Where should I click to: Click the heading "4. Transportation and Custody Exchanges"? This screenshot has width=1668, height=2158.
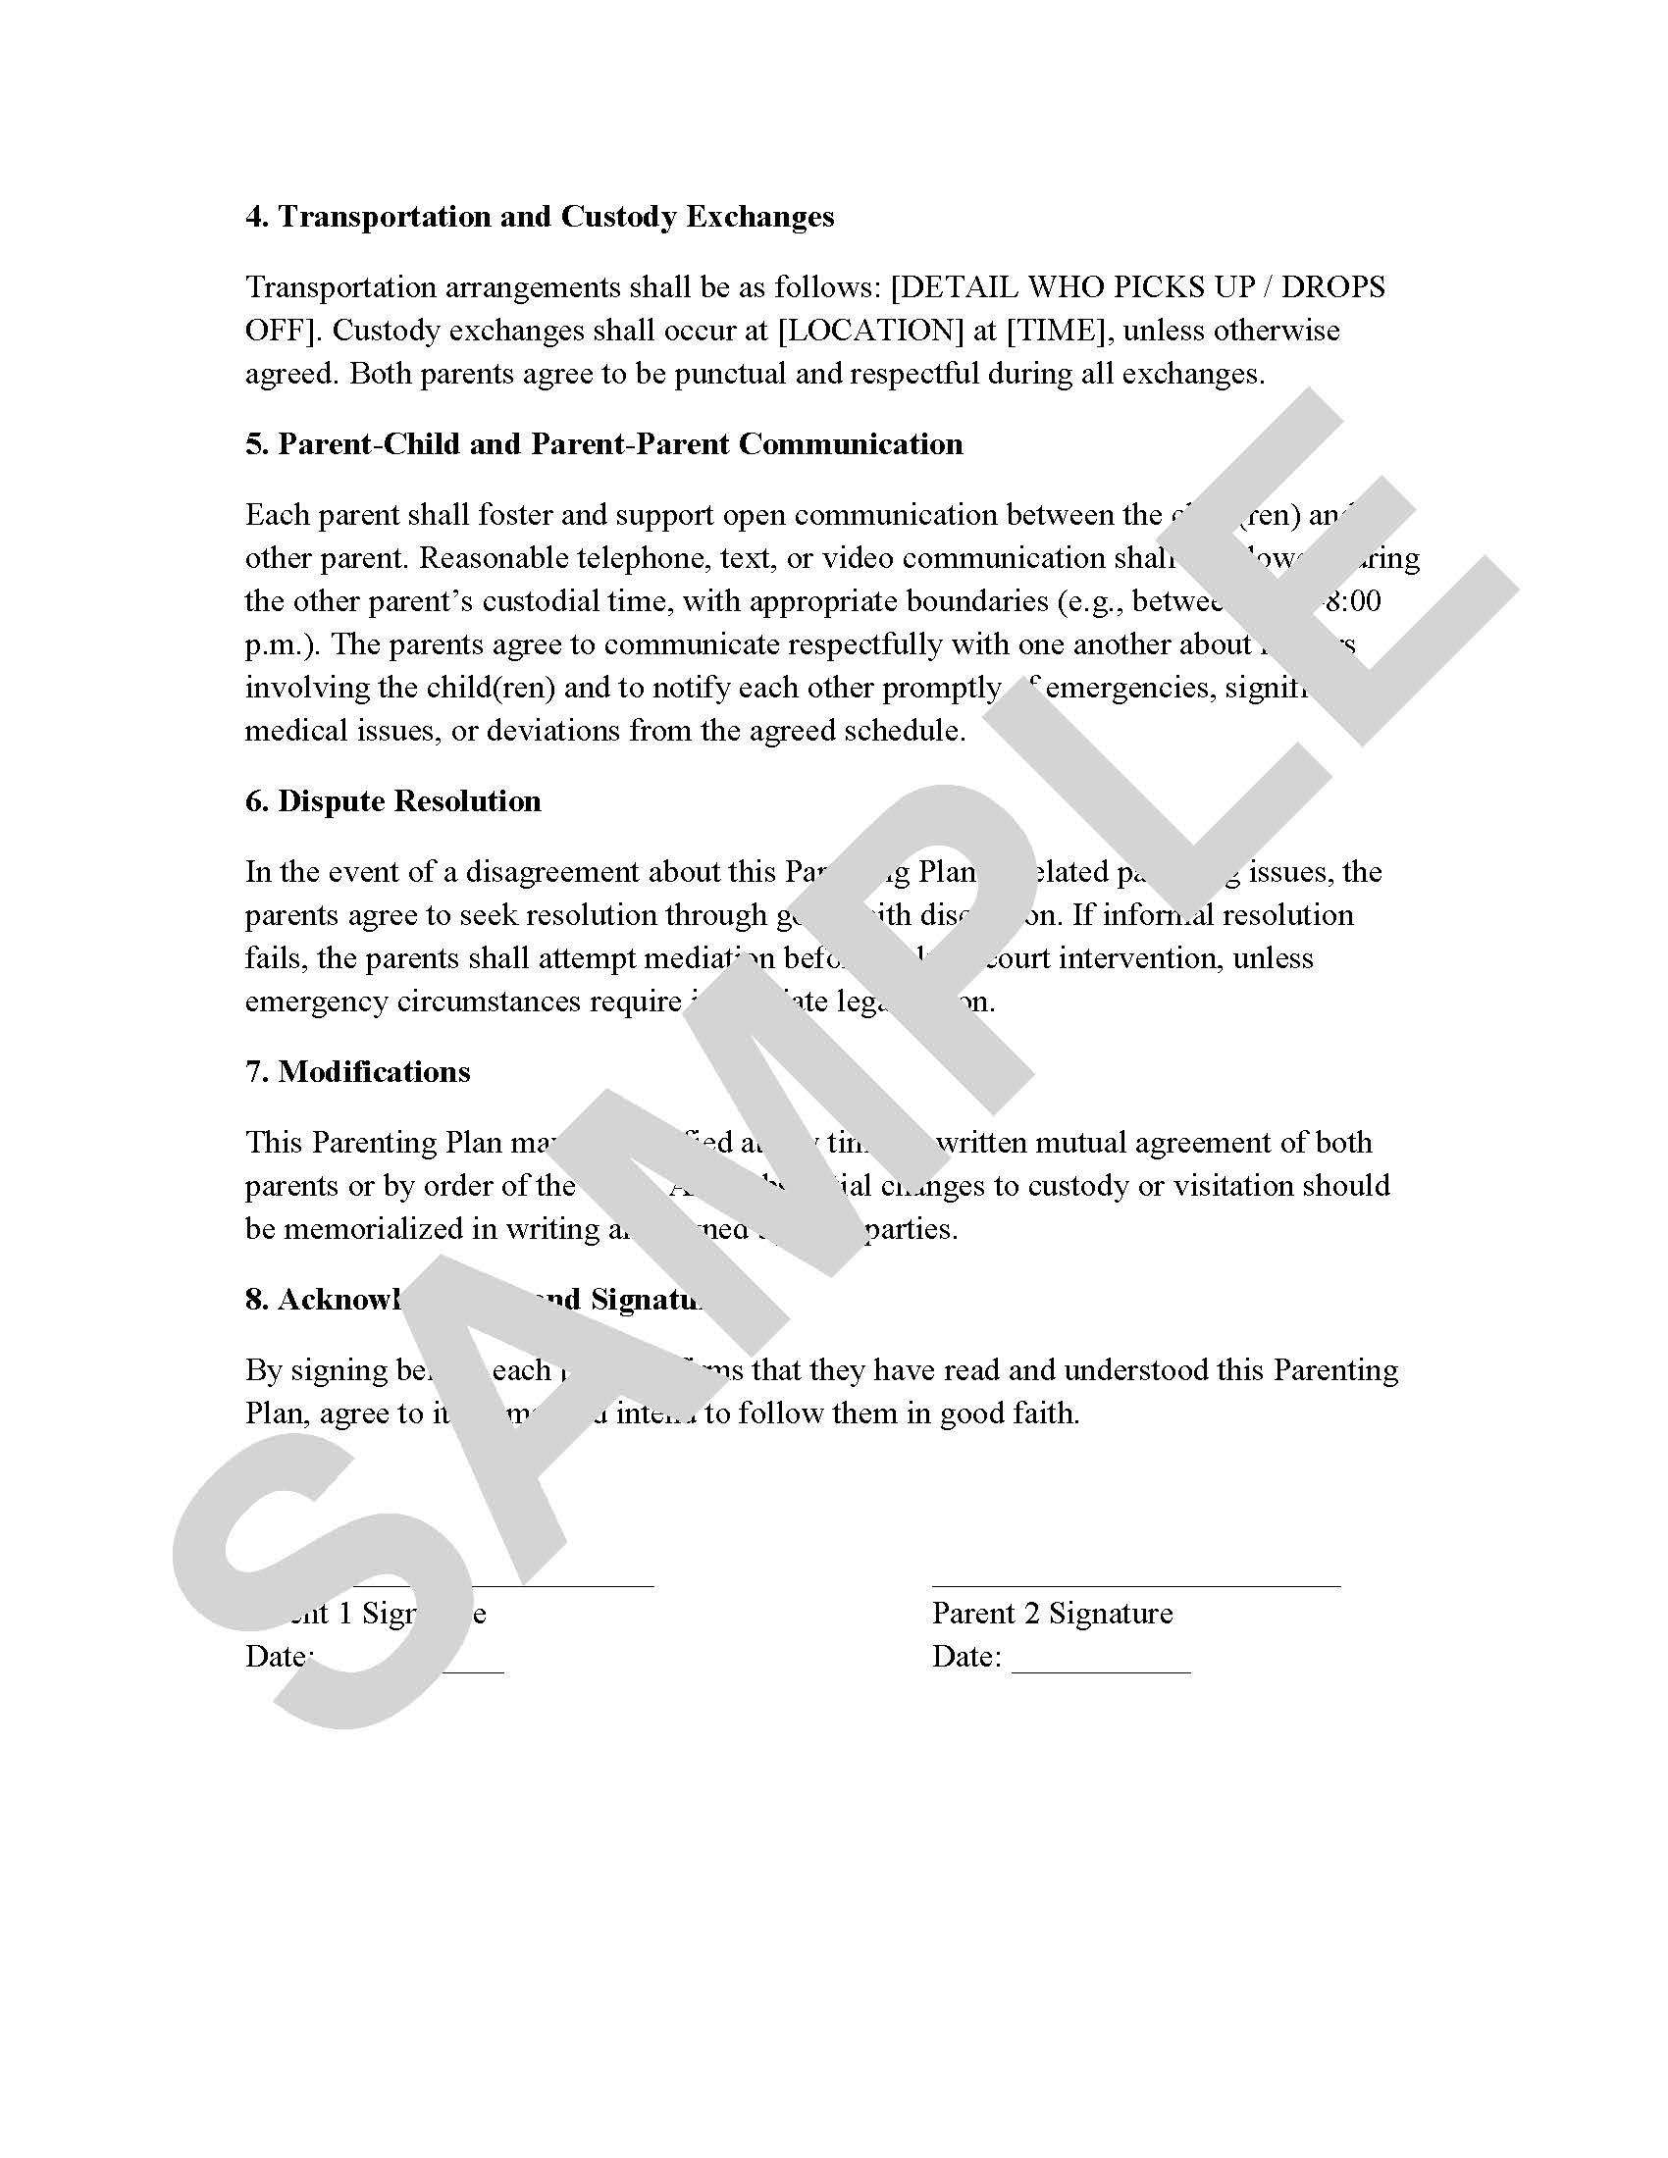540,217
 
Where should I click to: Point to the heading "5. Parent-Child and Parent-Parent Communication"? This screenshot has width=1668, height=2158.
603,443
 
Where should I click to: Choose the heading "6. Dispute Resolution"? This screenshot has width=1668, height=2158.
393,800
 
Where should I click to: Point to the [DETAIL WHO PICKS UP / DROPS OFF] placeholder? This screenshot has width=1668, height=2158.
1136,287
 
